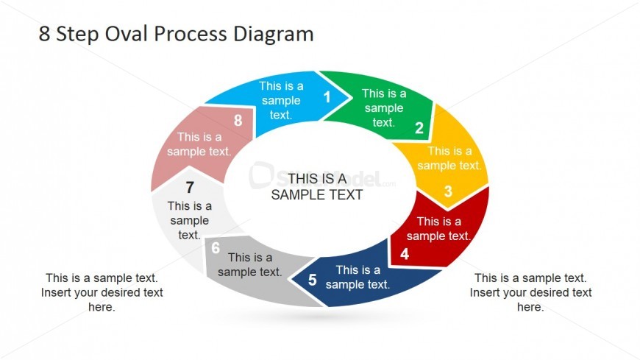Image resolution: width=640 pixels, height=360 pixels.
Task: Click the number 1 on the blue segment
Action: (x=327, y=96)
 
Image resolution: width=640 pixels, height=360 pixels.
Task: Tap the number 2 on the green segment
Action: (x=419, y=128)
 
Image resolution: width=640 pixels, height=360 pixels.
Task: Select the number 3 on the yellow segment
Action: (x=448, y=193)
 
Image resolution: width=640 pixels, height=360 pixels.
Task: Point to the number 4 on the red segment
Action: (x=405, y=255)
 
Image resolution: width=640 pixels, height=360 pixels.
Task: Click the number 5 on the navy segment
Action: (x=313, y=280)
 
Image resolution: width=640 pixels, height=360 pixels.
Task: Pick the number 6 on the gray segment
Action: (x=216, y=248)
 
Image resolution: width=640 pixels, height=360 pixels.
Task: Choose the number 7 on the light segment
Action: (x=190, y=187)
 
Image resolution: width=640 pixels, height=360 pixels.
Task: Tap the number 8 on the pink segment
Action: (x=238, y=121)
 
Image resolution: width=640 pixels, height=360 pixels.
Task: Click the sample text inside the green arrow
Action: (x=383, y=108)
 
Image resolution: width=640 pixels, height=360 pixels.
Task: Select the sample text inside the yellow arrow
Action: (x=449, y=158)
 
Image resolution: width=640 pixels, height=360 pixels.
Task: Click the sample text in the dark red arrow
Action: (x=438, y=229)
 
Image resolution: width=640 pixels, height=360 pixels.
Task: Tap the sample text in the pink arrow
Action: (x=199, y=144)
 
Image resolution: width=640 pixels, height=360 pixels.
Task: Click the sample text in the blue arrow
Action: (x=281, y=101)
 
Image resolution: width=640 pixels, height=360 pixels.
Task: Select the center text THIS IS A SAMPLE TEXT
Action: (x=317, y=187)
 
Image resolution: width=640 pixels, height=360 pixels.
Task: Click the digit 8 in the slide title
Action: (x=45, y=34)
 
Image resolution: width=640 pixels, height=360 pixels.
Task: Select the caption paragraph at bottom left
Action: (x=102, y=292)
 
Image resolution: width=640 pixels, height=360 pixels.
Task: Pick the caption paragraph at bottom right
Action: (x=530, y=292)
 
